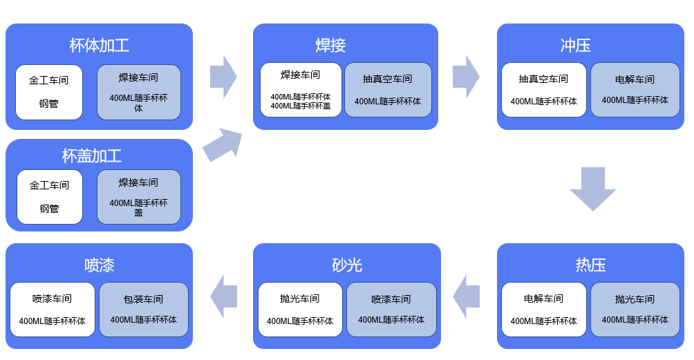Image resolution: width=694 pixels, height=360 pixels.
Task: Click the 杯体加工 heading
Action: pyautogui.click(x=99, y=46)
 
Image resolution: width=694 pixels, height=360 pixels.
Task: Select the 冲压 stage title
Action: pyautogui.click(x=575, y=46)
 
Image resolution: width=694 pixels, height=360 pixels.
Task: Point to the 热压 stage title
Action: pyautogui.click(x=590, y=265)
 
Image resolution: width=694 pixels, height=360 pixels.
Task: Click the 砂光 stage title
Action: pyautogui.click(x=346, y=265)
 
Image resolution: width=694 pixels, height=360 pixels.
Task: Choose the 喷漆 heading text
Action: pyautogui.click(x=99, y=265)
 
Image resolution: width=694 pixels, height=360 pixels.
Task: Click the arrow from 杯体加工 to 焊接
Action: pyautogui.click(x=223, y=77)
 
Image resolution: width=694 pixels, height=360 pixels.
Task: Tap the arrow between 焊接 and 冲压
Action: pyautogui.click(x=466, y=77)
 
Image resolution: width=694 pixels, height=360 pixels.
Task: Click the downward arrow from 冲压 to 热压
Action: pyautogui.click(x=592, y=188)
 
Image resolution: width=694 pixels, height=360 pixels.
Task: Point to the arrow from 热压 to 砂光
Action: pyautogui.click(x=467, y=296)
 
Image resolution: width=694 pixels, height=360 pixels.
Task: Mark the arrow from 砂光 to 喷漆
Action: pyautogui.click(x=224, y=296)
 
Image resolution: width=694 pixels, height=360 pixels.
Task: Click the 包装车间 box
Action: pyautogui.click(x=144, y=309)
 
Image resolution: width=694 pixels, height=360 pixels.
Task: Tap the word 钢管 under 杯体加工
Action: pyautogui.click(x=49, y=104)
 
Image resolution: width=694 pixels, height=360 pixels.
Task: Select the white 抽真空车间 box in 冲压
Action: pyautogui.click(x=543, y=90)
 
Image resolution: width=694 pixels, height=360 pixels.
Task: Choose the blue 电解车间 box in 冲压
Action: pyautogui.click(x=635, y=90)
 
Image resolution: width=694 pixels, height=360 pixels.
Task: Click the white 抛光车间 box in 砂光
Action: pyautogui.click(x=300, y=309)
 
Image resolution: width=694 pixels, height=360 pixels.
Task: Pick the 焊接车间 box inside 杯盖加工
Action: pyautogui.click(x=138, y=196)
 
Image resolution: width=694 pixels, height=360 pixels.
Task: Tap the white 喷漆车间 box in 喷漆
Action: pyautogui.click(x=53, y=309)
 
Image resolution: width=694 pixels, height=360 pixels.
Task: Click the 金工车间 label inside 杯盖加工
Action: pyautogui.click(x=49, y=185)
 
